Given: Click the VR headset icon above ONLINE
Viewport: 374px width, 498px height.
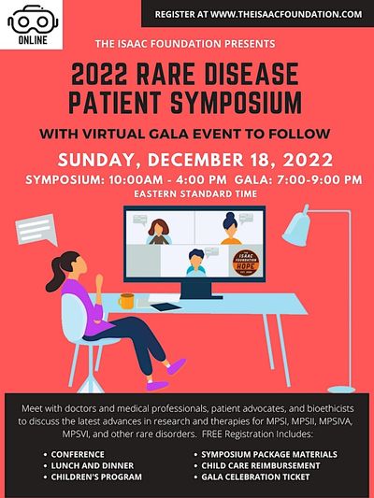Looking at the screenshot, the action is pyautogui.click(x=33, y=20).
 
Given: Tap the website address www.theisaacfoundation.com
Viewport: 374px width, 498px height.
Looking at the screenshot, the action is pyautogui.click(x=286, y=14).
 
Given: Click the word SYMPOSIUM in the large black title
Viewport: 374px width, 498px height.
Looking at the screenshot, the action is pyautogui.click(x=237, y=103).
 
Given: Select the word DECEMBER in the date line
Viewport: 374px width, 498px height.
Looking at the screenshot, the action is pyautogui.click(x=195, y=160).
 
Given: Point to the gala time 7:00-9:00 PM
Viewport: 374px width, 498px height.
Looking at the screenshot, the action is pyautogui.click(x=320, y=179).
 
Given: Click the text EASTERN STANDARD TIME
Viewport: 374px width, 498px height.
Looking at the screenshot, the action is pyautogui.click(x=195, y=193).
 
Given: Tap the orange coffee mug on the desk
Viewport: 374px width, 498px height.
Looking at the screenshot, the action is pyautogui.click(x=126, y=301).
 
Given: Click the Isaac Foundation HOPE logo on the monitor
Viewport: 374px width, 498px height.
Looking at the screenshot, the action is pyautogui.click(x=246, y=263).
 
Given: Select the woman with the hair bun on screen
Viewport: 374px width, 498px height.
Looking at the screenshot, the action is pyautogui.click(x=231, y=228).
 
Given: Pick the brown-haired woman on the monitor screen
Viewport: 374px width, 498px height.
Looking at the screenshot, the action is pyautogui.click(x=159, y=232).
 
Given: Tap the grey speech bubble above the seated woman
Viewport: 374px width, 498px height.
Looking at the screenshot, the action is pyautogui.click(x=36, y=230).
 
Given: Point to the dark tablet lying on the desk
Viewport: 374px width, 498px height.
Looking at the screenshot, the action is pyautogui.click(x=166, y=306).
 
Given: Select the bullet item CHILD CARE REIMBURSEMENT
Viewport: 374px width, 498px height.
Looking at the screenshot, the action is pyautogui.click(x=261, y=465).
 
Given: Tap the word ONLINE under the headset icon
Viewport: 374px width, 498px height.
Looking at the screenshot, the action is pyautogui.click(x=33, y=40).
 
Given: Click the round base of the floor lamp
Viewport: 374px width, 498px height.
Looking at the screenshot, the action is pyautogui.click(x=341, y=389).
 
